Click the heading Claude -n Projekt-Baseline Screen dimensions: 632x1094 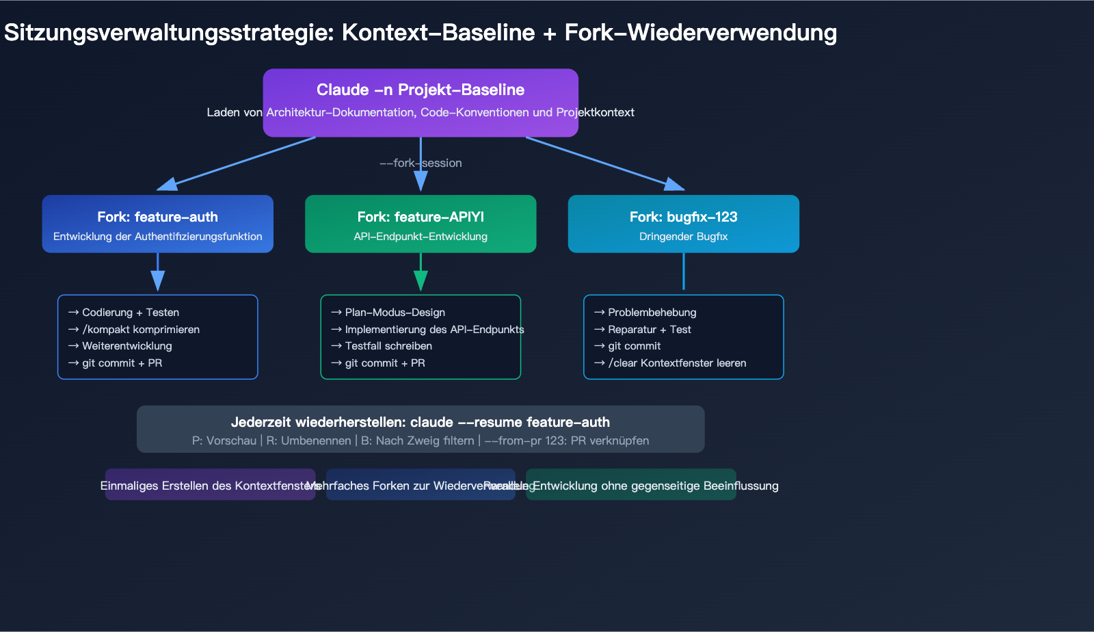(x=421, y=90)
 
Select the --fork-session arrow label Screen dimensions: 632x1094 (x=421, y=163)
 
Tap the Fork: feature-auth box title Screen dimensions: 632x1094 (x=157, y=217)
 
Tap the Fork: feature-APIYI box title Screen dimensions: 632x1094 (x=421, y=217)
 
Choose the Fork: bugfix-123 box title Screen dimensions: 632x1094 (x=683, y=217)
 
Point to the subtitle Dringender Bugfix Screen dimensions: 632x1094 (x=683, y=237)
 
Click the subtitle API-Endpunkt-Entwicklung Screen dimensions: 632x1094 (x=421, y=237)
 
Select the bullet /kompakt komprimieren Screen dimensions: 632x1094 (x=141, y=329)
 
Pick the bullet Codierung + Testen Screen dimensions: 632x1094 (x=130, y=313)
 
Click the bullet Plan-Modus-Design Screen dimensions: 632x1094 (x=395, y=313)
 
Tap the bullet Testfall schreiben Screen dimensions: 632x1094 (x=388, y=346)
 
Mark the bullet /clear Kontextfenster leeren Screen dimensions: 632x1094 (x=677, y=363)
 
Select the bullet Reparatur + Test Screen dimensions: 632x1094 (x=650, y=330)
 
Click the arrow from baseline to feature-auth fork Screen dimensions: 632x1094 (x=236, y=163)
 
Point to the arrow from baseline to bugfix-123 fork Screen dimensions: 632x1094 (x=605, y=163)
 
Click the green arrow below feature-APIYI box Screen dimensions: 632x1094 (x=421, y=272)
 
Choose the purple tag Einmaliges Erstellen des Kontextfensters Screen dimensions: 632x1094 (x=210, y=486)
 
